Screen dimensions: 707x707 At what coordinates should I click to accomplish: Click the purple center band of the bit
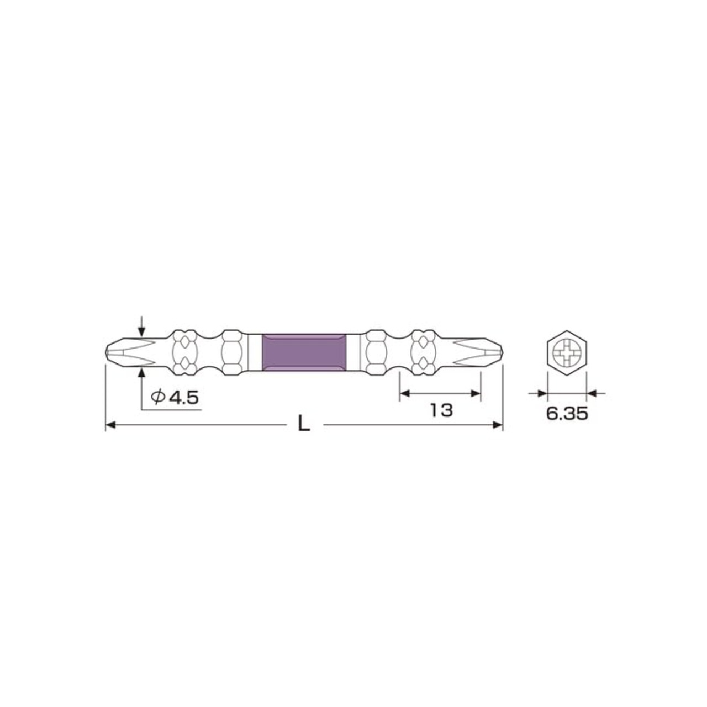point(304,351)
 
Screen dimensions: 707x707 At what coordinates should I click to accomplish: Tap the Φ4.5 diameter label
point(175,397)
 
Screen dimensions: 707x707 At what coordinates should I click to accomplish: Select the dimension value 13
point(441,410)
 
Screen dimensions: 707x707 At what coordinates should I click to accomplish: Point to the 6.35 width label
point(567,414)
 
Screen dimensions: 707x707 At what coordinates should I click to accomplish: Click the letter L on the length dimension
point(303,424)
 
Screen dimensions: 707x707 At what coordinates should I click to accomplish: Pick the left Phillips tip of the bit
point(119,351)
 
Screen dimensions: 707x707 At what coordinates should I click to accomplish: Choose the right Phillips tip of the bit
point(488,351)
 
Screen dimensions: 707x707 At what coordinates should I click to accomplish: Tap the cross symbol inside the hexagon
point(567,352)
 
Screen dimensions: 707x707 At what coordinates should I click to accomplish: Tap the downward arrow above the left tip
point(142,331)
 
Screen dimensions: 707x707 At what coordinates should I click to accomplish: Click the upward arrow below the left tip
point(142,372)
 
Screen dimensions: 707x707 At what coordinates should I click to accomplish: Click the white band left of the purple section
point(254,351)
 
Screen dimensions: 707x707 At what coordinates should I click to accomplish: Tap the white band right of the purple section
point(353,351)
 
